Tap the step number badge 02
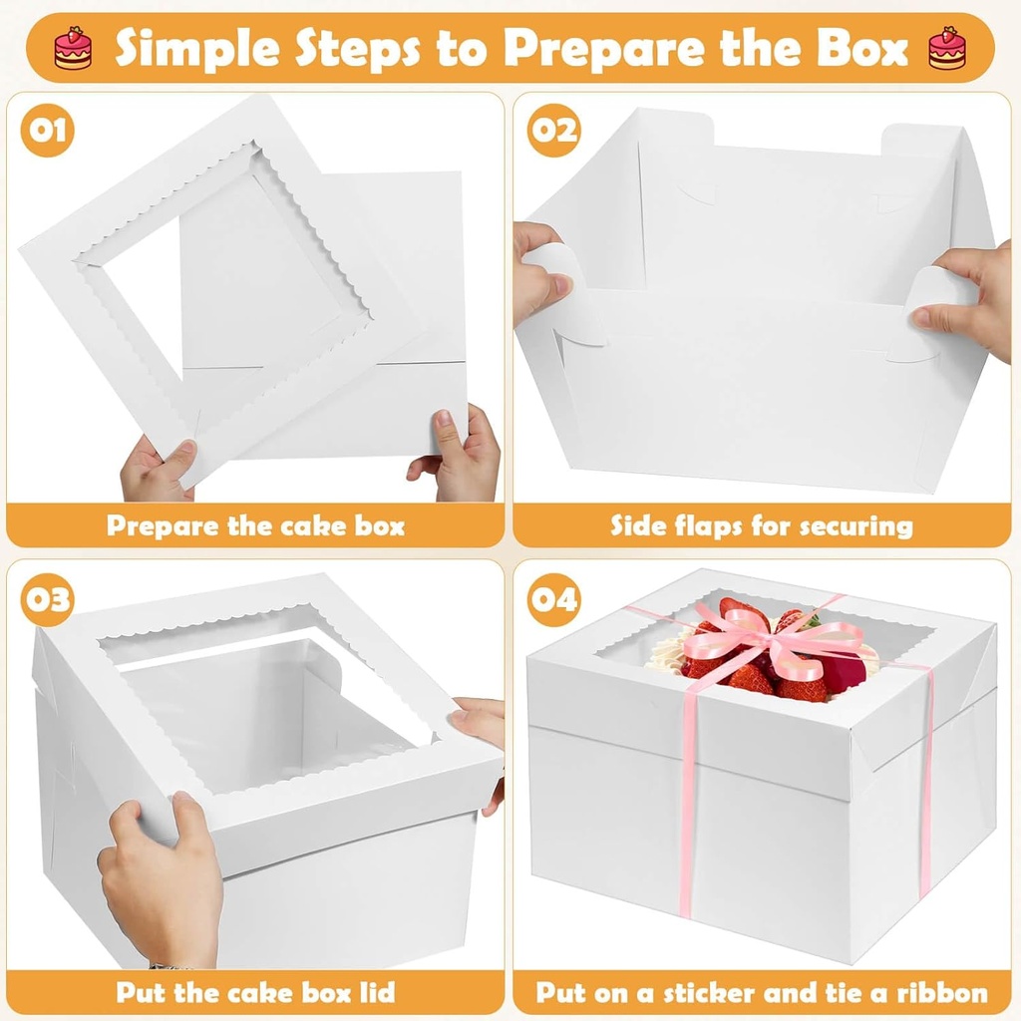[x=553, y=131]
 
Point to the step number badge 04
[x=553, y=599]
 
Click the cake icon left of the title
[x=73, y=49]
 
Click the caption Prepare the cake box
[x=255, y=525]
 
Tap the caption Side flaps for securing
[x=762, y=525]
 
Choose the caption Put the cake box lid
[x=255, y=992]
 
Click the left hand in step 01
[x=158, y=470]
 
